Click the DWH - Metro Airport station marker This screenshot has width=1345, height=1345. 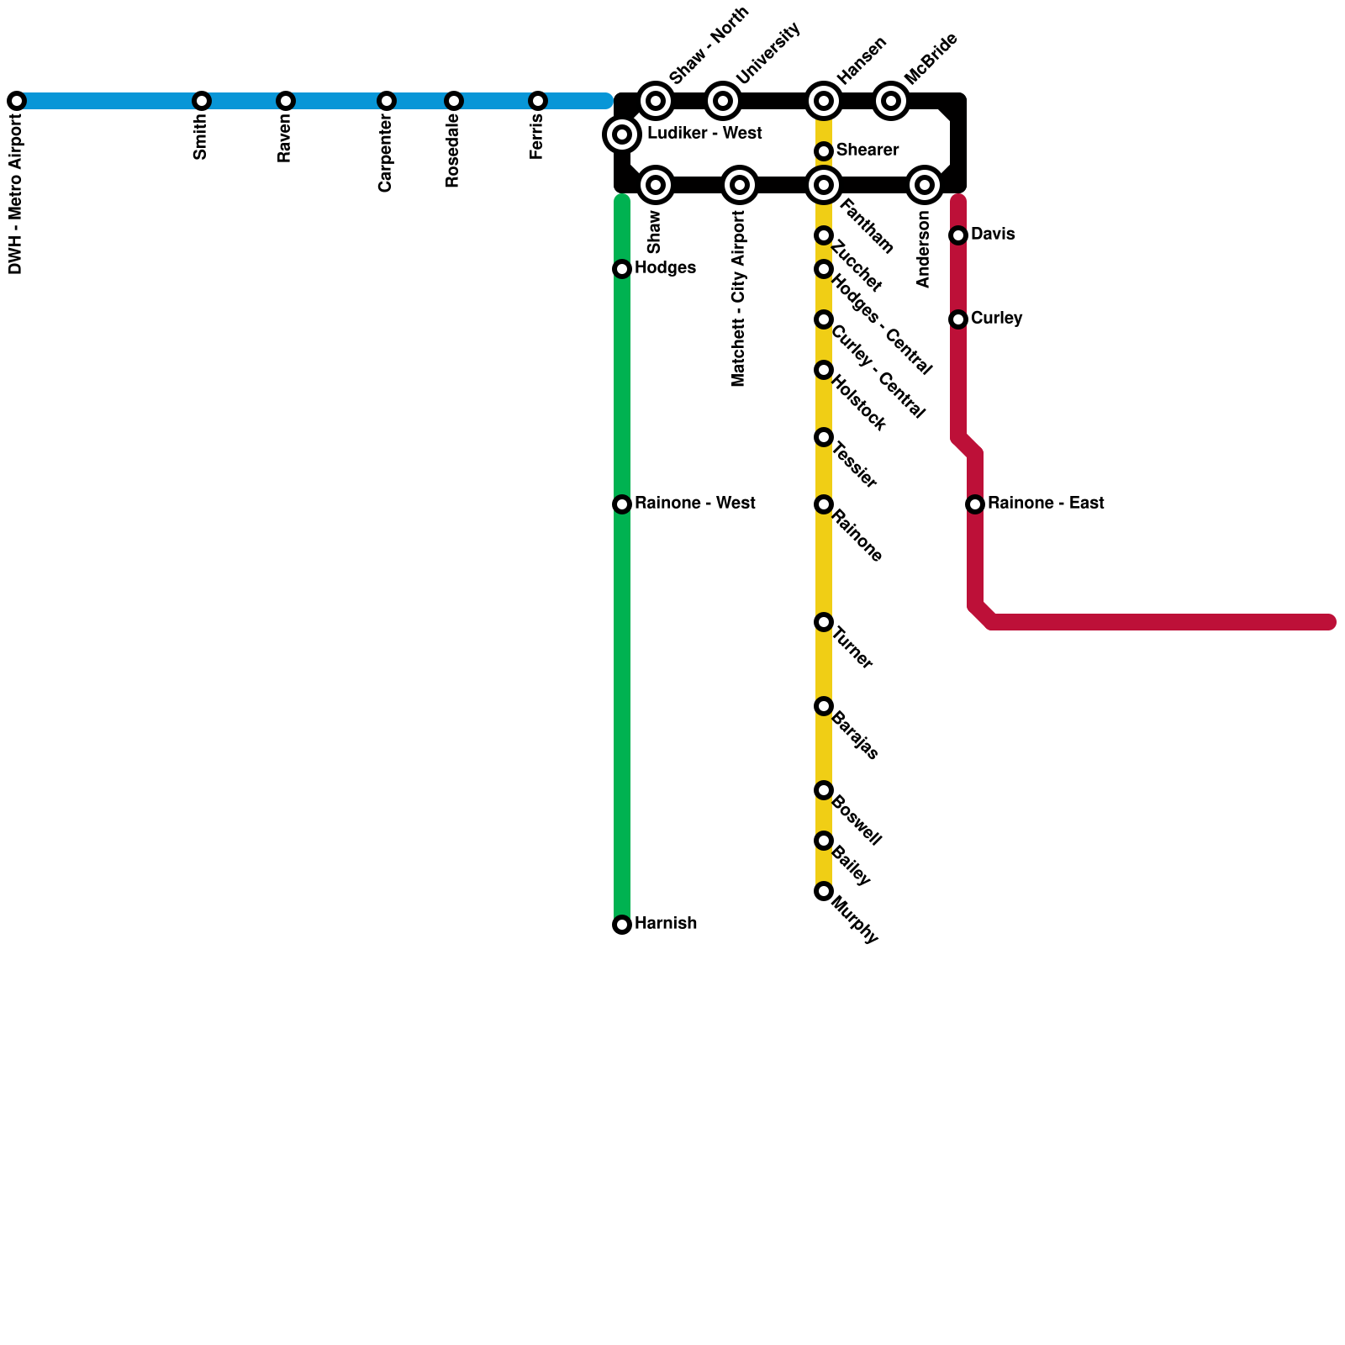click(x=17, y=101)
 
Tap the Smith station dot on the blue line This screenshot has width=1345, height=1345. click(x=202, y=101)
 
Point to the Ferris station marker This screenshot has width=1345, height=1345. click(x=538, y=101)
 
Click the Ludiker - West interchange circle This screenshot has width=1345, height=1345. click(x=622, y=134)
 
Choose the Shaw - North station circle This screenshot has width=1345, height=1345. click(x=656, y=101)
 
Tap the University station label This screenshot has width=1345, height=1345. click(x=767, y=54)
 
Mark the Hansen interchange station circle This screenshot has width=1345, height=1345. click(x=824, y=101)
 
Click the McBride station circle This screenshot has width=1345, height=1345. click(x=891, y=101)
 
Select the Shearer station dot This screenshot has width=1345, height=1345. click(x=824, y=151)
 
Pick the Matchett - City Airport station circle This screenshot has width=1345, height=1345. click(x=740, y=185)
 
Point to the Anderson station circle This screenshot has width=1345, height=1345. click(x=925, y=185)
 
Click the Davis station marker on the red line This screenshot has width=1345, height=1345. click(x=958, y=235)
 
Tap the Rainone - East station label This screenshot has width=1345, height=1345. click(x=1046, y=504)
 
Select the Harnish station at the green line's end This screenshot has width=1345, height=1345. click(x=622, y=925)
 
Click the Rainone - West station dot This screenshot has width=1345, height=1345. click(x=622, y=504)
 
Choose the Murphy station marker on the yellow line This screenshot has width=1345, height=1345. click(x=824, y=891)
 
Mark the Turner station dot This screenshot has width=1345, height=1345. click(x=824, y=622)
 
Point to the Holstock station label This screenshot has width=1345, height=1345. click(x=858, y=404)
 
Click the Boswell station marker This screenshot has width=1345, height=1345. click(x=824, y=790)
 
